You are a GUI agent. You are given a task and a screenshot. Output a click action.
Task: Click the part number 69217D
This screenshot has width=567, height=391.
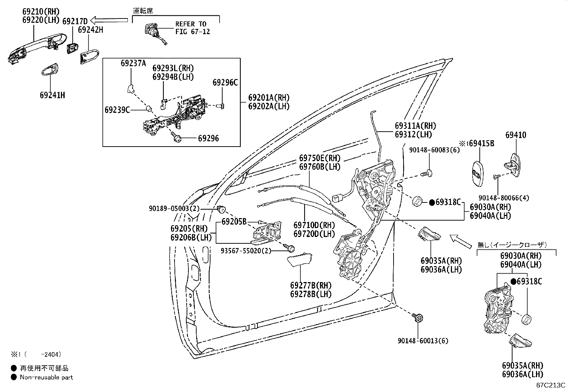coord(75,21)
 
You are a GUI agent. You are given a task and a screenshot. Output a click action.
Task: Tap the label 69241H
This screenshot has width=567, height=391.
coord(52,95)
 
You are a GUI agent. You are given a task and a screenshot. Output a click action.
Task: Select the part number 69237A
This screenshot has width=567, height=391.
coord(134,63)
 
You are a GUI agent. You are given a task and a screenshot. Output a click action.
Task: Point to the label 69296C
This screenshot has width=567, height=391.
coord(225,83)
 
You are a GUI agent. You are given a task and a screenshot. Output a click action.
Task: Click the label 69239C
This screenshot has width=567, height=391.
coord(117,110)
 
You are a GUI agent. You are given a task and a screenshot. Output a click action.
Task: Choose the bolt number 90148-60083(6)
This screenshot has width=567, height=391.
coord(435,150)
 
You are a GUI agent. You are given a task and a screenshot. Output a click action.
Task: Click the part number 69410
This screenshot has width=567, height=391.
coord(516,135)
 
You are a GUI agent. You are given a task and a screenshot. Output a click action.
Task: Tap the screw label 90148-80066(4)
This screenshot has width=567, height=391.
coord(504,198)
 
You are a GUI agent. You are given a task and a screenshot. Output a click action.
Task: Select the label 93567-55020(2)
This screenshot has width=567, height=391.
coord(246,250)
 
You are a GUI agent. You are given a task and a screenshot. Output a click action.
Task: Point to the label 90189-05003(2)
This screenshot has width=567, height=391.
coord(174,208)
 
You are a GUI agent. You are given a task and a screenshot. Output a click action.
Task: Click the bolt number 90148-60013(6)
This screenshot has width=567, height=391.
coord(423,341)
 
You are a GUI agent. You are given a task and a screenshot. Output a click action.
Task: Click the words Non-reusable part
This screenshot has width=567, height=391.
coord(46,377)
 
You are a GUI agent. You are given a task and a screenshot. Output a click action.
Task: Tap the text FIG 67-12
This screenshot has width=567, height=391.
coord(193,32)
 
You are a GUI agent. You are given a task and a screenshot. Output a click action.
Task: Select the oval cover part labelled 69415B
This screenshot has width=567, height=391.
coord(478,174)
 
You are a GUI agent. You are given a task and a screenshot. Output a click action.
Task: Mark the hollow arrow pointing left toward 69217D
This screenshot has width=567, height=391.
coord(109,20)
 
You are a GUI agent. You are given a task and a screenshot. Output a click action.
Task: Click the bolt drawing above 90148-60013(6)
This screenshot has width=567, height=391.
coord(418,317)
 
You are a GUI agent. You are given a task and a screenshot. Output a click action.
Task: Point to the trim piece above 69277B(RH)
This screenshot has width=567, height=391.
coord(300,259)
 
